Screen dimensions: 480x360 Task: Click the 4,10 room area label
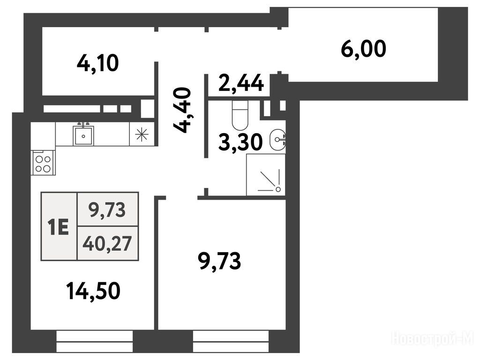pyautogui.click(x=97, y=63)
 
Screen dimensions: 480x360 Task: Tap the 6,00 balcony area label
pyautogui.click(x=363, y=49)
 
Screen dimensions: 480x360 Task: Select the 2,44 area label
pyautogui.click(x=241, y=83)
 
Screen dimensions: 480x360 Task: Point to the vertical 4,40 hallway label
pyautogui.click(x=182, y=110)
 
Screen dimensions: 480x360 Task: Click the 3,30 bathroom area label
pyautogui.click(x=240, y=142)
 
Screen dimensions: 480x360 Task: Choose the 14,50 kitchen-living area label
pyautogui.click(x=93, y=291)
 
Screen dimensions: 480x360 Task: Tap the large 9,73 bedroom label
pyautogui.click(x=220, y=261)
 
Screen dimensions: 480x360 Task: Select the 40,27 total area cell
pyautogui.click(x=107, y=244)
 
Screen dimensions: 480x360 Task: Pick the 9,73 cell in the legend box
pyautogui.click(x=107, y=210)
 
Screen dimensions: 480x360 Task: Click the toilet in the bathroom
pyautogui.click(x=240, y=115)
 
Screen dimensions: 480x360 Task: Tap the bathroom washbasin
pyautogui.click(x=277, y=140)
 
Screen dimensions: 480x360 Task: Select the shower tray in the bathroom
pyautogui.click(x=266, y=174)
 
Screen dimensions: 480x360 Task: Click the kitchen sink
pyautogui.click(x=83, y=135)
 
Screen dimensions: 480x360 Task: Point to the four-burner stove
pyautogui.click(x=43, y=164)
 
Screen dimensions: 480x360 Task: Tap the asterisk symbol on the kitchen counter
pyautogui.click(x=142, y=135)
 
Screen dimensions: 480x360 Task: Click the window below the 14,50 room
pyautogui.click(x=95, y=342)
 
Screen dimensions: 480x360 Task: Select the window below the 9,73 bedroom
pyautogui.click(x=231, y=342)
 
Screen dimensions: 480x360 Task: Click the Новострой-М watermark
pyautogui.click(x=433, y=339)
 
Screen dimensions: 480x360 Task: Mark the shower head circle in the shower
pyautogui.click(x=278, y=189)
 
